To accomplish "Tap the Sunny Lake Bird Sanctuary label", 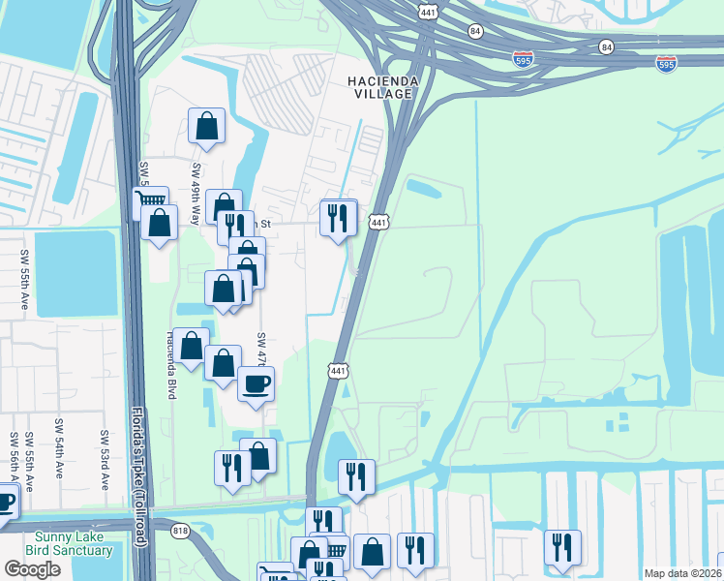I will [x=74, y=544].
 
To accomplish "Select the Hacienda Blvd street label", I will [x=171, y=351].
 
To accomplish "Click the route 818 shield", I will [x=180, y=530].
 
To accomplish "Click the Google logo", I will [x=32, y=569].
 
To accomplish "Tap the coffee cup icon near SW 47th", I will [x=256, y=382].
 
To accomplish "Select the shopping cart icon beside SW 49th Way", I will [x=149, y=202].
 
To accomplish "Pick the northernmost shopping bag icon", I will [x=206, y=125].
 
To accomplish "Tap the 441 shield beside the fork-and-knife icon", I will [x=378, y=222].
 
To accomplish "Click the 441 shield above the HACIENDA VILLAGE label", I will [x=427, y=11].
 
